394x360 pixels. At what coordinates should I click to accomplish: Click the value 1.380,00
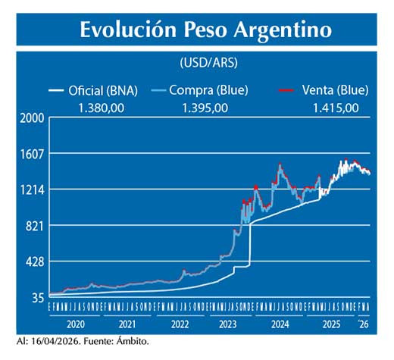click(102, 108)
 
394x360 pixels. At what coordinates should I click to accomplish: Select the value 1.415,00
click(336, 108)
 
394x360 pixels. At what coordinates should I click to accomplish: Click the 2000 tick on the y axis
click(31, 118)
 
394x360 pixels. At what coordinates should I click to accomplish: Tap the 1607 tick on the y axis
click(31, 154)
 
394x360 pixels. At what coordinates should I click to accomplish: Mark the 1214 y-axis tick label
click(31, 189)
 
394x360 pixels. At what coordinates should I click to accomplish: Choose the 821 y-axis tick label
click(34, 226)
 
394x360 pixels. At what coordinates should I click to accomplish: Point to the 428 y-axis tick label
click(34, 262)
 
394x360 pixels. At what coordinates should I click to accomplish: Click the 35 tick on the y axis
click(37, 298)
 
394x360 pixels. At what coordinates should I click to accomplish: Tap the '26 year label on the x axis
click(364, 324)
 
